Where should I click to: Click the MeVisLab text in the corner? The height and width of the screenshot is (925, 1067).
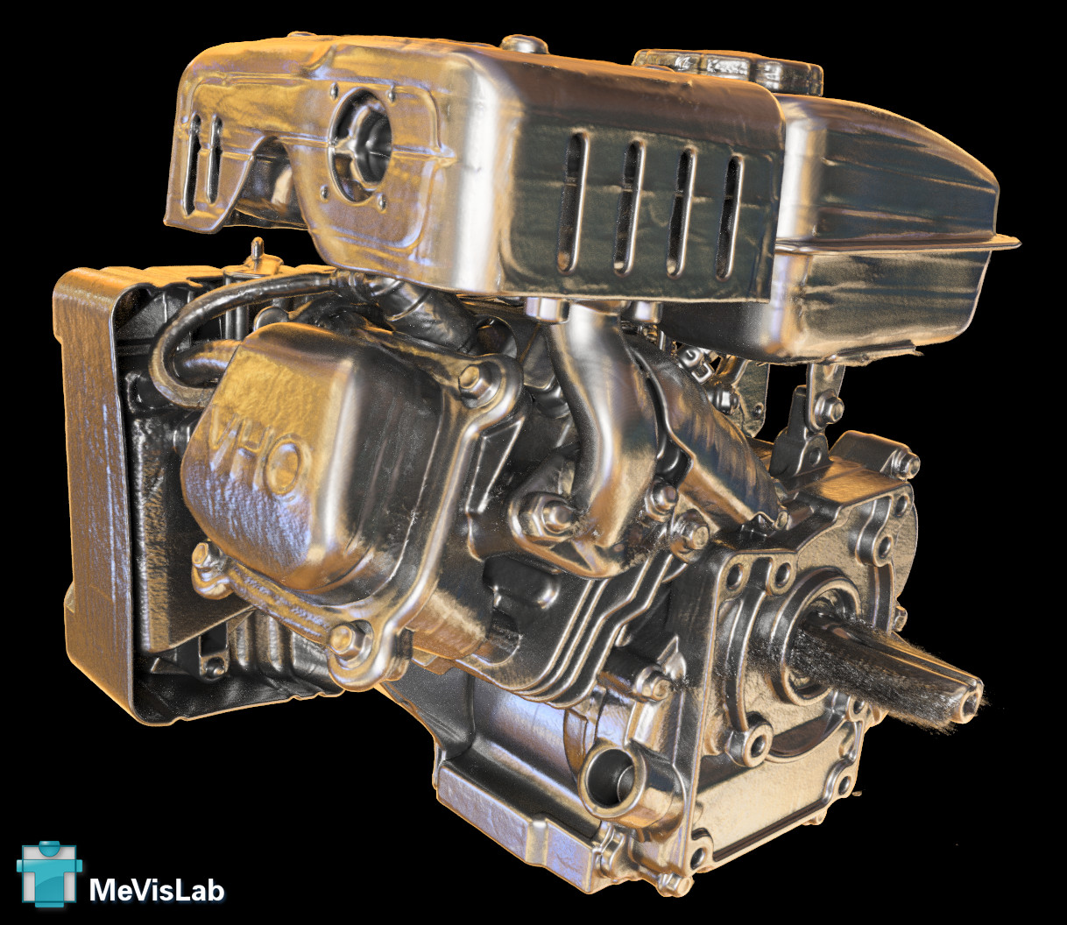tap(157, 889)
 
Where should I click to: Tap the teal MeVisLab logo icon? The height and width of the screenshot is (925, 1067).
tap(50, 874)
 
